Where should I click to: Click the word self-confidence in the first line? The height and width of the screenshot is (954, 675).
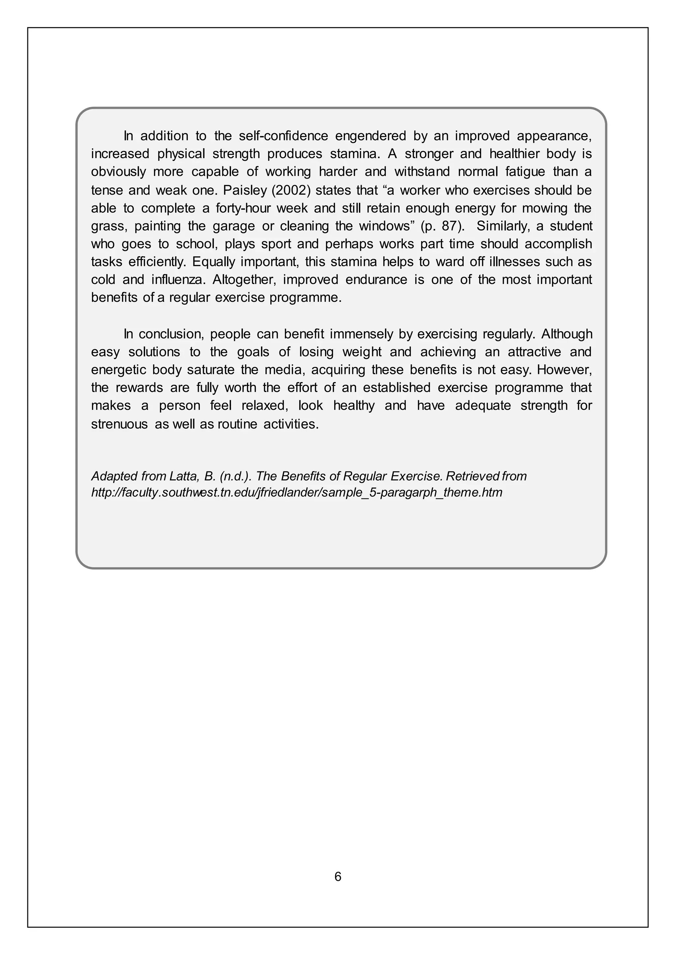[x=283, y=136]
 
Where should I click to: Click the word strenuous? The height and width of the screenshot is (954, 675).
[x=119, y=424]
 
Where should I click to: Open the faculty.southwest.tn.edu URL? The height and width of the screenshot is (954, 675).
[x=297, y=493]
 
